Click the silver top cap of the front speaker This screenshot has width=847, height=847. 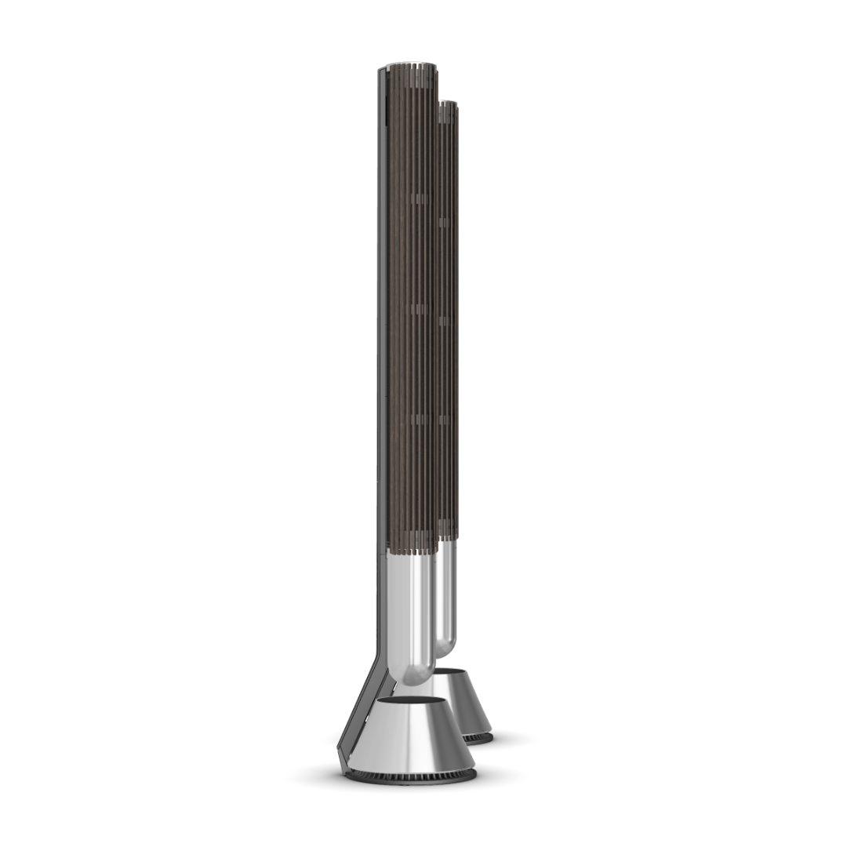[x=408, y=65]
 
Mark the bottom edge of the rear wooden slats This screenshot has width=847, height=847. [x=448, y=538]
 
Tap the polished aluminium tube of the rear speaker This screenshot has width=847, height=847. [x=445, y=596]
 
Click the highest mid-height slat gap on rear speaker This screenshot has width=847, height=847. [x=445, y=223]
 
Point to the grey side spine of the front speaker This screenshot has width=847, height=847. [x=382, y=353]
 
